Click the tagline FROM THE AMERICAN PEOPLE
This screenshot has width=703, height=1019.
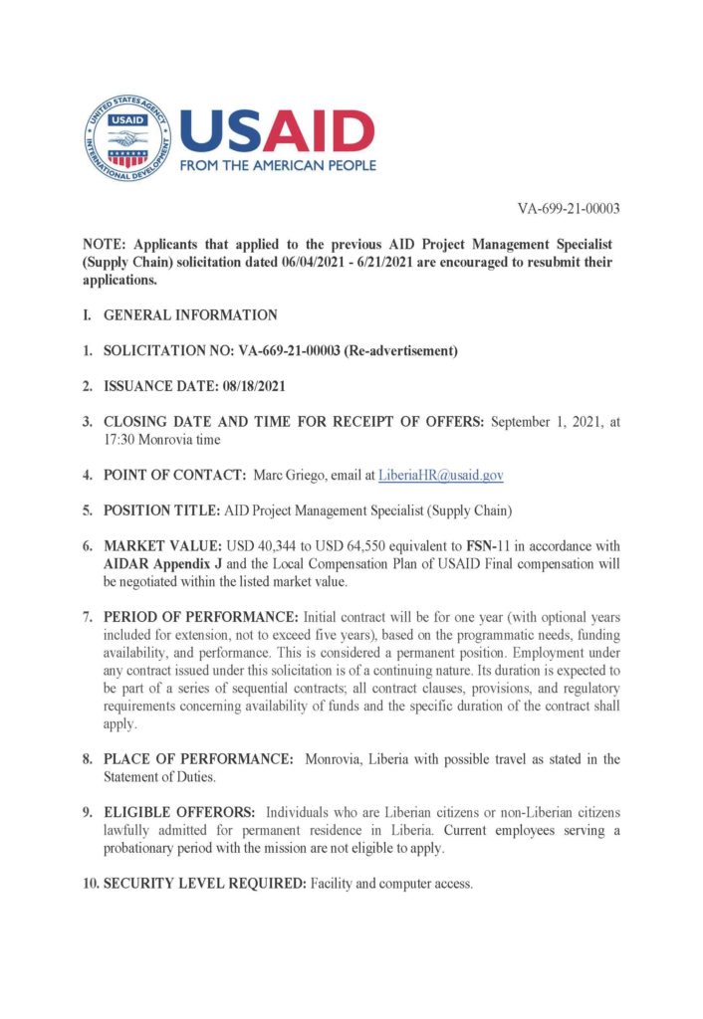(x=277, y=165)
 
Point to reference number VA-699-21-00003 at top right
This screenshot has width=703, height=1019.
(x=569, y=209)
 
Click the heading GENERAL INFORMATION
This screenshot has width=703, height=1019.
(x=190, y=315)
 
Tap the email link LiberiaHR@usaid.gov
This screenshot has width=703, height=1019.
(x=440, y=476)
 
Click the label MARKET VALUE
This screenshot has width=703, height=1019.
(x=159, y=546)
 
